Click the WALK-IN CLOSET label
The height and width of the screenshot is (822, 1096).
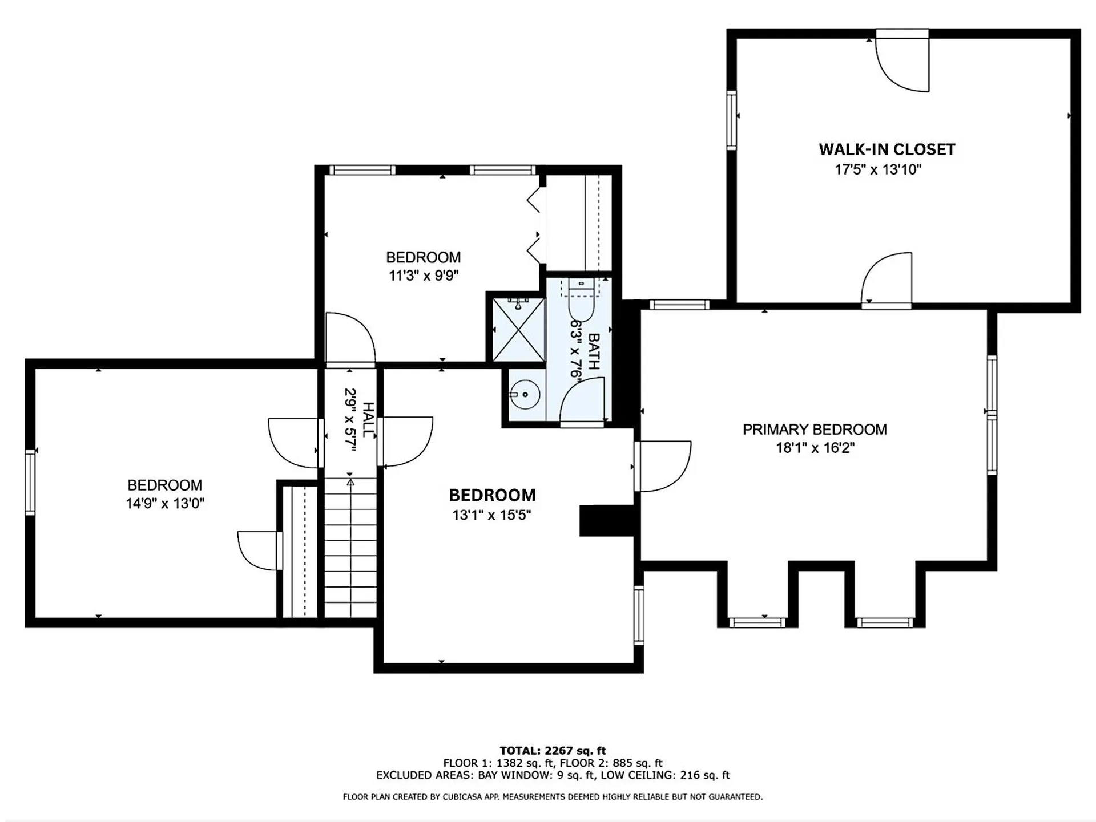pyautogui.click(x=887, y=149)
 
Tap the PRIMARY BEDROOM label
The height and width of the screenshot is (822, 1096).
pyautogui.click(x=815, y=430)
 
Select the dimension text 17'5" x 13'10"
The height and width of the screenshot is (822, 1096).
pyautogui.click(x=878, y=169)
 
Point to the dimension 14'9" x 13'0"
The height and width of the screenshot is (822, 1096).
pyautogui.click(x=165, y=503)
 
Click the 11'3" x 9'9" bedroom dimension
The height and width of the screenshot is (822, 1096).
pyautogui.click(x=424, y=276)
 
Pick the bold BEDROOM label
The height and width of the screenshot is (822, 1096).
pyautogui.click(x=492, y=495)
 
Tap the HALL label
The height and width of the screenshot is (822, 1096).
pyautogui.click(x=369, y=420)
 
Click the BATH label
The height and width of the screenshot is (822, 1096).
pyautogui.click(x=594, y=351)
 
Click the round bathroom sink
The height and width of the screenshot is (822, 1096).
pyautogui.click(x=525, y=394)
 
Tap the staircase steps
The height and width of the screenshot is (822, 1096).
pyautogui.click(x=350, y=548)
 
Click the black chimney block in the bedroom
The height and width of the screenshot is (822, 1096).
pyautogui.click(x=606, y=521)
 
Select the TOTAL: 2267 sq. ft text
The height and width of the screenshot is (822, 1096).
pyautogui.click(x=553, y=751)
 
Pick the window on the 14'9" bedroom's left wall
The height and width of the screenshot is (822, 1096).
pyautogui.click(x=30, y=482)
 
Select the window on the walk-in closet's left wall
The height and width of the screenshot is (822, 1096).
pyautogui.click(x=731, y=120)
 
